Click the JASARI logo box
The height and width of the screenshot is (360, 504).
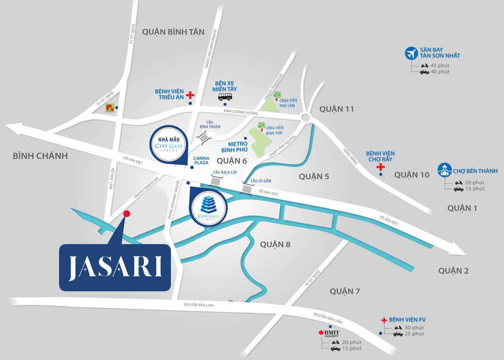(x=115, y=267)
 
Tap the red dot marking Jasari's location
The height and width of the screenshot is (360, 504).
(x=127, y=213)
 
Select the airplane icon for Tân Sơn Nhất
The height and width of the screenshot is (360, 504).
(x=411, y=53)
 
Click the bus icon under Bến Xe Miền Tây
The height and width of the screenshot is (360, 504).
(x=225, y=97)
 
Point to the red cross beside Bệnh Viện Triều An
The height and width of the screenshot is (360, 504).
(x=189, y=95)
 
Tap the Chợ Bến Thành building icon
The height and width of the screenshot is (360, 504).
(x=444, y=169)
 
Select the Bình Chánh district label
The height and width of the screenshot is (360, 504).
(x=40, y=156)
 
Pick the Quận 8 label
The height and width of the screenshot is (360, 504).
(x=275, y=244)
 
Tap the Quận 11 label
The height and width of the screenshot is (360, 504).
(x=337, y=109)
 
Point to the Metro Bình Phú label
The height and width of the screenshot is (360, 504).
(x=234, y=146)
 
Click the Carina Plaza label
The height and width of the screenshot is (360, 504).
(x=202, y=159)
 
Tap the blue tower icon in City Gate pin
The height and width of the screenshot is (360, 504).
(x=208, y=203)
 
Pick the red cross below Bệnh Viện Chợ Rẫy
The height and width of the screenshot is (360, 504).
(x=380, y=168)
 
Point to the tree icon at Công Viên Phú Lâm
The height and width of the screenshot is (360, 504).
(x=277, y=96)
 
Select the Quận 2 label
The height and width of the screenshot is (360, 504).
(x=454, y=271)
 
